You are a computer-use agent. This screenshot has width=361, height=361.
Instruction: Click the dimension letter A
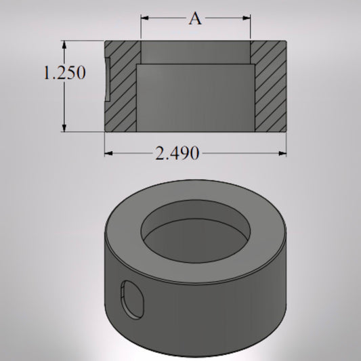(195, 19)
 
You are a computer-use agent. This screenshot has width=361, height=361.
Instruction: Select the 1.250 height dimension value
(64, 72)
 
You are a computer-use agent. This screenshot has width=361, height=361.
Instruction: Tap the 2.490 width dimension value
(177, 154)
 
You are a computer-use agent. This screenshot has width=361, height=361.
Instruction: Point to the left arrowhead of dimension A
(144, 19)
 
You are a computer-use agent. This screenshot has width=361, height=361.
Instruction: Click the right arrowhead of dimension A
(248, 19)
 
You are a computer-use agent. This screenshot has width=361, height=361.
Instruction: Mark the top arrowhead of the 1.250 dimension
(65, 44)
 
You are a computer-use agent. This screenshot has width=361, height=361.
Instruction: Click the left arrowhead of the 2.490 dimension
(108, 154)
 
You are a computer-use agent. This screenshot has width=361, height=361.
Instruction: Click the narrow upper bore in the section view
(195, 52)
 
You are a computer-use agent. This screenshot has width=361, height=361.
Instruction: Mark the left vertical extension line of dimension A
(141, 27)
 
